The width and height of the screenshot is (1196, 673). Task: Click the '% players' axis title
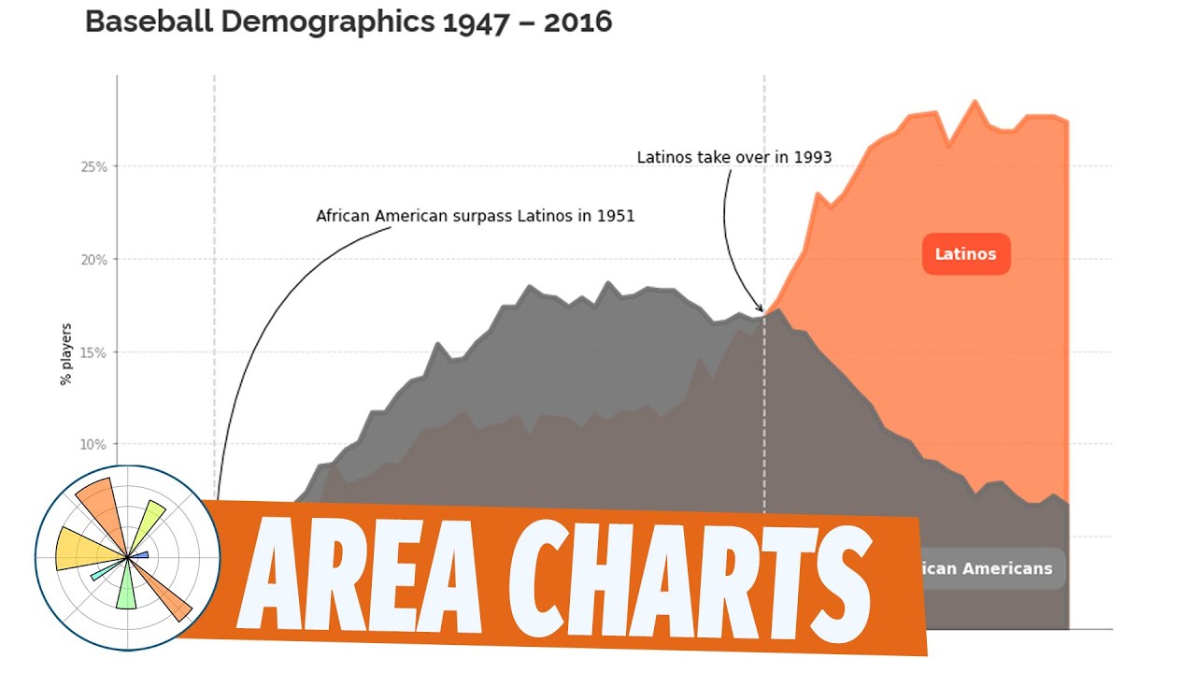click(x=66, y=354)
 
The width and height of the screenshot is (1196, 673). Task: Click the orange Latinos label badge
click(x=966, y=254)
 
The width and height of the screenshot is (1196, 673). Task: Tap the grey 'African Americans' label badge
click(x=990, y=568)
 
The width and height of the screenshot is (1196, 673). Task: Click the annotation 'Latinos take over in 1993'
click(x=733, y=157)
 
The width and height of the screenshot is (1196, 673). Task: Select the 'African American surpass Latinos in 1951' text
click(x=475, y=216)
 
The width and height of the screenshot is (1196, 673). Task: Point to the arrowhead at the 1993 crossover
click(x=761, y=309)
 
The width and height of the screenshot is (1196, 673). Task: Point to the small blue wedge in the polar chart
click(x=139, y=555)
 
